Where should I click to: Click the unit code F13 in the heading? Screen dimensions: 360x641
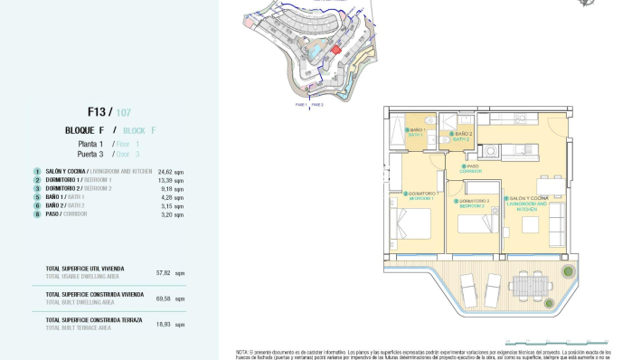[97, 112]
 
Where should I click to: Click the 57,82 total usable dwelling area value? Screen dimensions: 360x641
[164, 272]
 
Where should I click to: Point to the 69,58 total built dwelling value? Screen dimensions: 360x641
[164, 298]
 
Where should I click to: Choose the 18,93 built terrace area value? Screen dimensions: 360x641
[164, 324]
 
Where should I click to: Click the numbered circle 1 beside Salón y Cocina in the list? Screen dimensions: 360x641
[37, 171]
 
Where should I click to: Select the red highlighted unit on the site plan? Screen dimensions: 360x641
[336, 51]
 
